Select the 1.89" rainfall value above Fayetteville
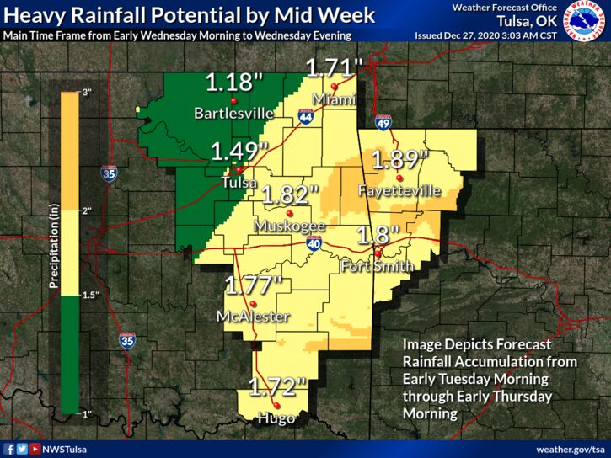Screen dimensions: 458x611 (400, 159)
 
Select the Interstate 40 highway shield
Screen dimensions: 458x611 (312, 243)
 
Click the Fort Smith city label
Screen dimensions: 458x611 (377, 267)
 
